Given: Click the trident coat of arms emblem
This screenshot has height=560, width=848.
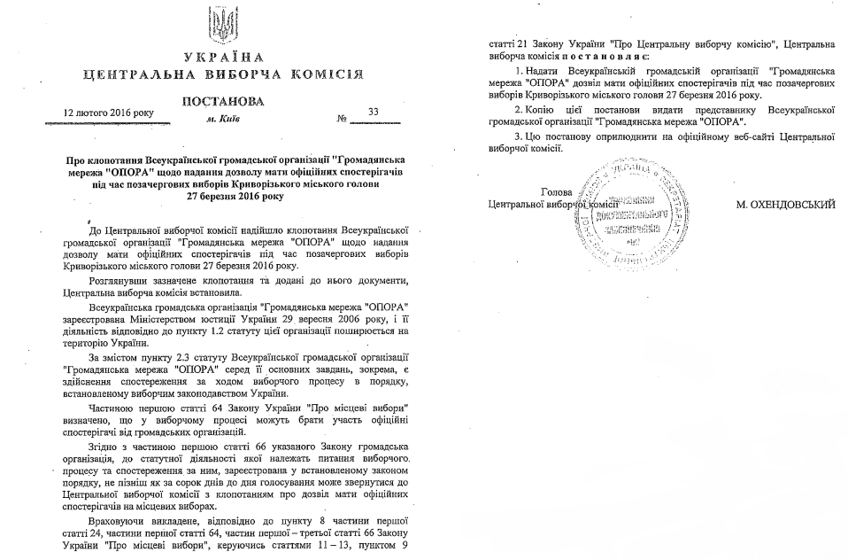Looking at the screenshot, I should [223, 26].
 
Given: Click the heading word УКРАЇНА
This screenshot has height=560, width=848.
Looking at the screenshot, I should [223, 58].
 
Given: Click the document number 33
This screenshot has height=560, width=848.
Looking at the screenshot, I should [372, 113].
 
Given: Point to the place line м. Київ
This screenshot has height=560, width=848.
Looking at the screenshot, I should [222, 117].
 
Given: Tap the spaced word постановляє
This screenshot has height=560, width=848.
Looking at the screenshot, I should [598, 54].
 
